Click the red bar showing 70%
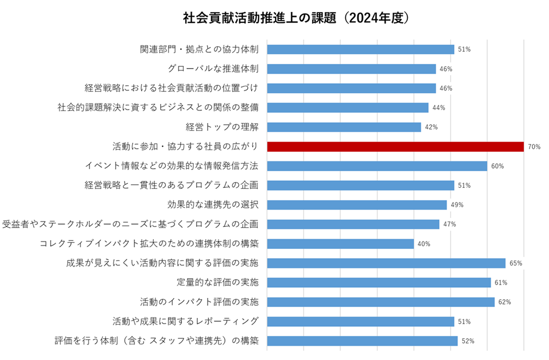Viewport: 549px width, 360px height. point(395,147)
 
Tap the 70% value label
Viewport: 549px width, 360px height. point(534,147)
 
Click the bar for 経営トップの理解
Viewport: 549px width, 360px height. point(344,127)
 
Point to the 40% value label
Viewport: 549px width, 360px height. point(424,244)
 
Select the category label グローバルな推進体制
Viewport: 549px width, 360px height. point(213,69)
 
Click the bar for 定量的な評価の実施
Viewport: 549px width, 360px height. point(379,282)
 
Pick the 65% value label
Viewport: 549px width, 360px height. point(515,263)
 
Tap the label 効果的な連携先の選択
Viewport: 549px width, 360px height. point(213,204)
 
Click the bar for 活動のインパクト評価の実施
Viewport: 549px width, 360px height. point(380,302)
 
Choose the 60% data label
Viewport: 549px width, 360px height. point(497,167)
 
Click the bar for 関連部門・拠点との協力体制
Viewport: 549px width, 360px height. point(360,49)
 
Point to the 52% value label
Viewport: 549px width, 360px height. point(468,341)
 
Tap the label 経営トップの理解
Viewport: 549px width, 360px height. point(222,127)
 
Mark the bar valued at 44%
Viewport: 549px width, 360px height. point(348,108)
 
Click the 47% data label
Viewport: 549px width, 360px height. point(449,224)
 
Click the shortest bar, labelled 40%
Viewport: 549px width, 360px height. point(340,244)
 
